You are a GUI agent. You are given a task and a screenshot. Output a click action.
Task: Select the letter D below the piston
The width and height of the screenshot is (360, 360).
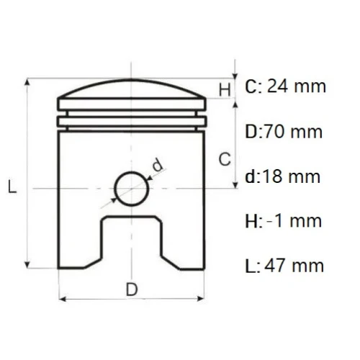[131, 289]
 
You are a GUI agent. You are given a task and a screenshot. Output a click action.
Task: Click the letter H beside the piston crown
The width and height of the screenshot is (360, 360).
[225, 90]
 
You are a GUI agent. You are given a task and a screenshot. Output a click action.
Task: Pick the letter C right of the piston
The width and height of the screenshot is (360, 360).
[225, 159]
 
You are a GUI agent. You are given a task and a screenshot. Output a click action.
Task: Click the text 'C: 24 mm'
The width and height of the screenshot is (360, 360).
[286, 87]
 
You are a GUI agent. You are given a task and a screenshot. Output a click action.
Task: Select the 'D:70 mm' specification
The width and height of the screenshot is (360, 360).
[283, 132]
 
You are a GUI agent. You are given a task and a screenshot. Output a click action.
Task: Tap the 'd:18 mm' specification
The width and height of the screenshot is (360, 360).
[283, 176]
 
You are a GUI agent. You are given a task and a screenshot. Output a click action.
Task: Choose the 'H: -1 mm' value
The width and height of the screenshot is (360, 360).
[283, 221]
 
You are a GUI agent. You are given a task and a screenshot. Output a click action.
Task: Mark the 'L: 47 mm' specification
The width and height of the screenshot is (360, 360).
[284, 266]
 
